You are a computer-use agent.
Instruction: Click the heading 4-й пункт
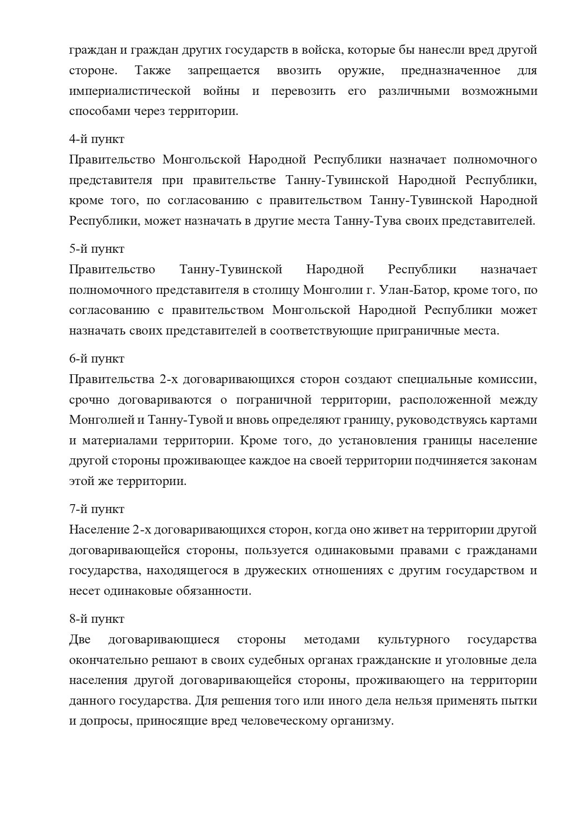[x=97, y=139]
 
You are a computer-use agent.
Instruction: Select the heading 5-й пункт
[x=97, y=249]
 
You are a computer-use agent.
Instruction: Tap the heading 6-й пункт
[x=97, y=359]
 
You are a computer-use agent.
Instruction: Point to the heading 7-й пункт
[x=97, y=509]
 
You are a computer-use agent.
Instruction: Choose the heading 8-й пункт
[x=97, y=619]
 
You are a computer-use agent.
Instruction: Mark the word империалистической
[x=130, y=91]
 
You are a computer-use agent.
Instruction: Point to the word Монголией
[x=100, y=420]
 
